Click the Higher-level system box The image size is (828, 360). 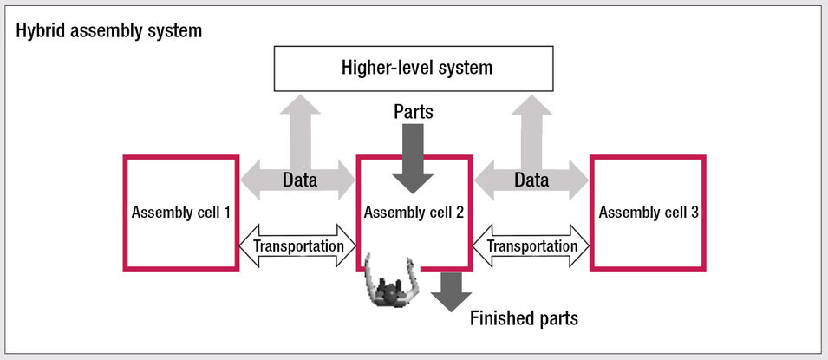(x=414, y=67)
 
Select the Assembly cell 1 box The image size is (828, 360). (x=180, y=212)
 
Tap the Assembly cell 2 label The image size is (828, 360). (x=414, y=212)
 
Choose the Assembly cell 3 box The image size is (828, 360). (x=648, y=212)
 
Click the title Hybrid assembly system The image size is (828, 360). (x=108, y=31)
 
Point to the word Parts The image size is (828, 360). (x=414, y=112)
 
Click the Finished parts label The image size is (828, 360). (x=524, y=318)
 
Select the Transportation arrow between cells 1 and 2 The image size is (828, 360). (x=297, y=245)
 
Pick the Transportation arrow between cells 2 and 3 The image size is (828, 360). (x=531, y=245)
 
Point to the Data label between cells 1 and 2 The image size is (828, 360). (x=300, y=181)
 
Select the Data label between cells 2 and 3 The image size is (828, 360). (x=531, y=181)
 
